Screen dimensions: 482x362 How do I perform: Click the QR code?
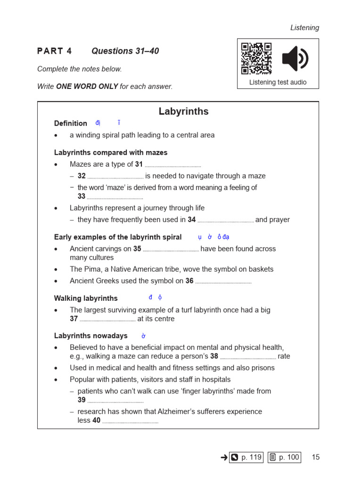pos(256,58)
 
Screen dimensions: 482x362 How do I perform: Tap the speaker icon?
pos(295,59)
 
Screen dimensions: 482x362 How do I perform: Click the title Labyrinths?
pos(183,112)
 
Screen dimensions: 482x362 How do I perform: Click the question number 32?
pos(82,176)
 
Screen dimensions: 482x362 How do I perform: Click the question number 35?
pos(137,249)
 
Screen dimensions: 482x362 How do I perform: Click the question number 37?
pos(74,319)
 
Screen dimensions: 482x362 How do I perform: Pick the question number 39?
pos(82,400)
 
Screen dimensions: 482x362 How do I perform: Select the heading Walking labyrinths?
pos(86,298)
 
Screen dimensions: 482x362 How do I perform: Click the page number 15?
pos(315,457)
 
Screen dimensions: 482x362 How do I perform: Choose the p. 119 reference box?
pos(246,457)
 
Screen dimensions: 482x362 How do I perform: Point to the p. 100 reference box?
pos(284,457)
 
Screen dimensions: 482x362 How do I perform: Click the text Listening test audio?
pos(278,82)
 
